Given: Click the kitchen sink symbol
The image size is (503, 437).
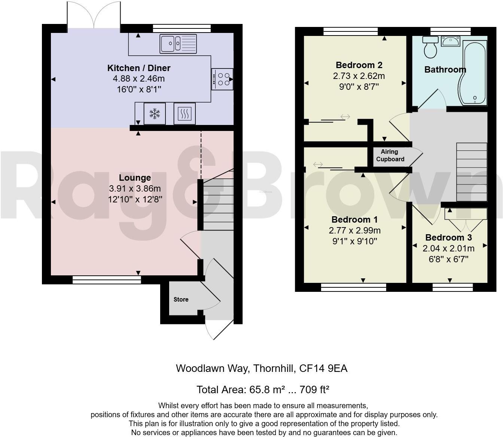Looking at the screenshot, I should click(178, 43).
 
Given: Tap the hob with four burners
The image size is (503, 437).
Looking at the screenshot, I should click(222, 79).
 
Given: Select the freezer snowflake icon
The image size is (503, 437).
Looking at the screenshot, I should click(154, 113).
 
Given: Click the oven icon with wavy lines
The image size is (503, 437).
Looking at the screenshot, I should click(185, 113).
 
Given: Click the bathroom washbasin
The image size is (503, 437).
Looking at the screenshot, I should click(451, 42).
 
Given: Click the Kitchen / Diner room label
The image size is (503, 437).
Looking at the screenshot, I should click(139, 68).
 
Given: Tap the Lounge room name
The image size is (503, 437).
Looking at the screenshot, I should click(135, 178).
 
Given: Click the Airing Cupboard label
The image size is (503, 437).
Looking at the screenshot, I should click(390, 155).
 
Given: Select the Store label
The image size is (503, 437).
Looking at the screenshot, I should click(181, 299).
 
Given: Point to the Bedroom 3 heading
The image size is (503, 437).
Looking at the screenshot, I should click(448, 238).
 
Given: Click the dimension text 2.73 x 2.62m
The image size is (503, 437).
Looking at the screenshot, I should click(359, 76).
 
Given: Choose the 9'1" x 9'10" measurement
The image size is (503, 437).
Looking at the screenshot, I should click(354, 241).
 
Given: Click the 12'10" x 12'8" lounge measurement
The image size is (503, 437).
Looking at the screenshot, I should click(135, 199).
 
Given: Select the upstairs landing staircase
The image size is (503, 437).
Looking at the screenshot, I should click(472, 172).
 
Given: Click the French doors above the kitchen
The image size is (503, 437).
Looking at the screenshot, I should click(92, 15).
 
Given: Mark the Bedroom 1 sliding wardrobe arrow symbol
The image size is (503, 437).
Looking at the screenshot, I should click(318, 164).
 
